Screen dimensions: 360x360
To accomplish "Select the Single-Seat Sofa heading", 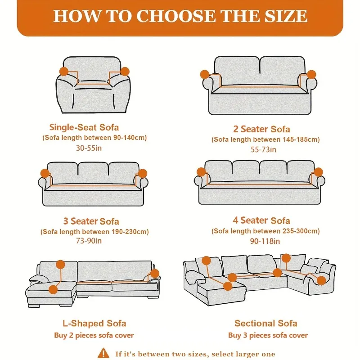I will [x=84, y=127].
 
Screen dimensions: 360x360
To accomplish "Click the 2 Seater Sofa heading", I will [x=261, y=129].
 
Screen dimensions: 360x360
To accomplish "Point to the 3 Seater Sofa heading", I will [x=91, y=221].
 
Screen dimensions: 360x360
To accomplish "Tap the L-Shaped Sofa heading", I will [x=94, y=324].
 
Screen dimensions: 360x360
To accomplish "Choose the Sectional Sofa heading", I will [x=266, y=324].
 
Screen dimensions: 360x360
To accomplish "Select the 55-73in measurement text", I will [x=261, y=149].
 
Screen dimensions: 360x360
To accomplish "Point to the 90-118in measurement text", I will [x=261, y=241].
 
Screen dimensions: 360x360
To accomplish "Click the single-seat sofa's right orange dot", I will [x=125, y=71].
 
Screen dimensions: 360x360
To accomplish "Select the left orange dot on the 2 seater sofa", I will [x=205, y=74].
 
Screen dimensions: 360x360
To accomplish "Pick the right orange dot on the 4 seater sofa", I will [x=319, y=172].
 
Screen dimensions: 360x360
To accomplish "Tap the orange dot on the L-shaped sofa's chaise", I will [x=54, y=289].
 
